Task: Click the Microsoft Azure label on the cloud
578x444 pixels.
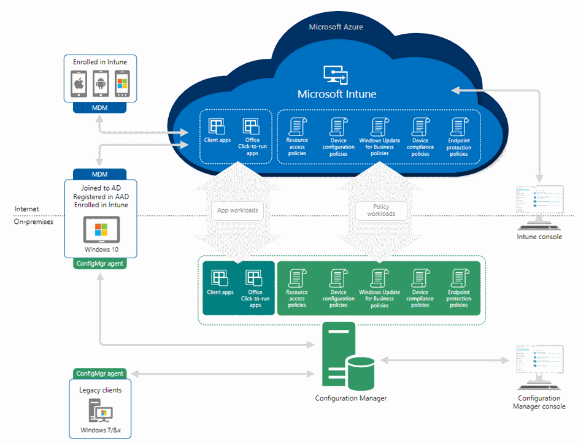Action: (x=336, y=27)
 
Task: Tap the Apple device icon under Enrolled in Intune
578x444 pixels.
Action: (x=79, y=83)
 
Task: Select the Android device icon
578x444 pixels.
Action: (x=101, y=83)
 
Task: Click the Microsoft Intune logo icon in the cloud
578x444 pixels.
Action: (x=336, y=75)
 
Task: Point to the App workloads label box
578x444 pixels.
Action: (x=237, y=210)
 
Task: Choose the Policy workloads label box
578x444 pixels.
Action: (x=381, y=210)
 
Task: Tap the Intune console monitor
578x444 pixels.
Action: (x=539, y=207)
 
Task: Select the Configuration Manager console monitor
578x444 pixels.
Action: (x=539, y=367)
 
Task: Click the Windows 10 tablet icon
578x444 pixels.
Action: (x=101, y=229)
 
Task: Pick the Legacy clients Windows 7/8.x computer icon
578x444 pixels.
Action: (x=100, y=410)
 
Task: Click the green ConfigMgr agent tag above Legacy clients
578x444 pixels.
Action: (x=99, y=373)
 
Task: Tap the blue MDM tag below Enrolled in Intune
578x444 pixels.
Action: (x=99, y=107)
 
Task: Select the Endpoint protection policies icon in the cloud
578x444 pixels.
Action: (x=459, y=127)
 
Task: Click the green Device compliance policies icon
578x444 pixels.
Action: (x=420, y=278)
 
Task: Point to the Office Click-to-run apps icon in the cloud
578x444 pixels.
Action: (x=251, y=126)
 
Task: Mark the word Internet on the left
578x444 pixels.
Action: (x=26, y=209)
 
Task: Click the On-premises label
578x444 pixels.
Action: (x=34, y=222)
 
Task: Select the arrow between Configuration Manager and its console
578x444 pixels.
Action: (x=445, y=360)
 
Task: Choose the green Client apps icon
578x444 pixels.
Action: (x=219, y=278)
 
